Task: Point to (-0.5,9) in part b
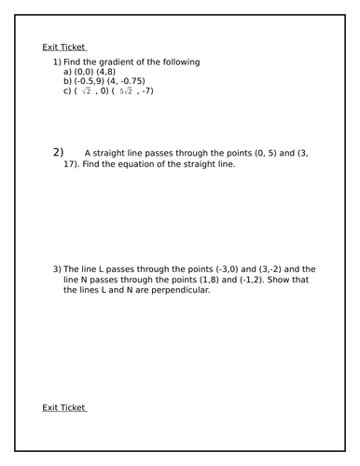click(x=93, y=81)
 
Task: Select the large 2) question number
click(x=59, y=152)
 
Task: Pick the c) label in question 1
click(x=68, y=91)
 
